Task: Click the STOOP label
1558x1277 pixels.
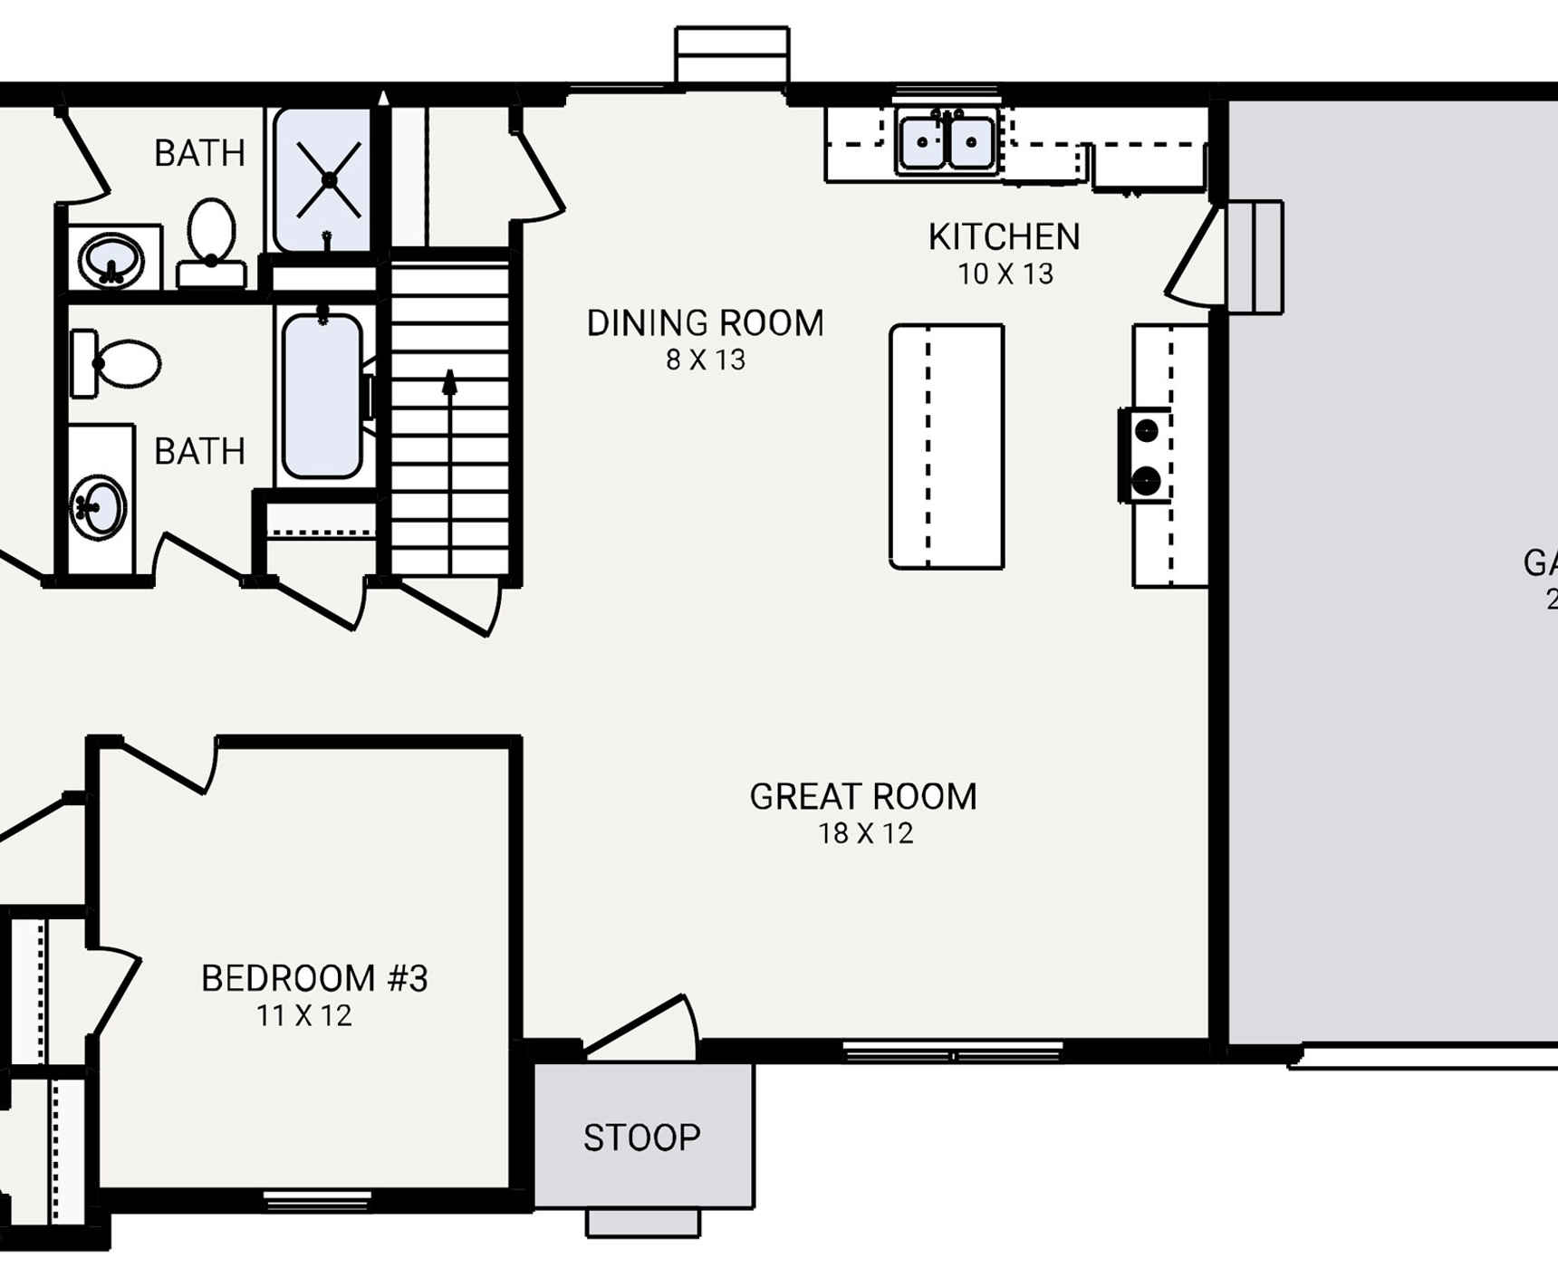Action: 641,1138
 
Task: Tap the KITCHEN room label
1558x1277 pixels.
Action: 1004,237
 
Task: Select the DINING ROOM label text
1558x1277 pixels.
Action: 705,323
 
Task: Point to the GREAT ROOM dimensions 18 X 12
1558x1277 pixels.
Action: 866,833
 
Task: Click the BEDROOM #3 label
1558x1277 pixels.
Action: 313,978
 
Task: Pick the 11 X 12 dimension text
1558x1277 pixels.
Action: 303,1015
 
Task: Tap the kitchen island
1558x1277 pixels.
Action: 947,446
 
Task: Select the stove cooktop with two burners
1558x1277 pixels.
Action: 1146,455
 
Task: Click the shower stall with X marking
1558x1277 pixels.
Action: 329,180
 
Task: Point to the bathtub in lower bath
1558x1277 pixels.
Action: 322,395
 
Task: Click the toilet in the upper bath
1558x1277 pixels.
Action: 211,237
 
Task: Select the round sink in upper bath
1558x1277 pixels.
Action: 111,260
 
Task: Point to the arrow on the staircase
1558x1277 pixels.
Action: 449,383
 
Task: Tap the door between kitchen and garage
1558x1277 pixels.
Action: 1194,257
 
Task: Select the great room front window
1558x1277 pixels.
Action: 952,1052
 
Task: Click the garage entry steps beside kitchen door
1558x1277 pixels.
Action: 1255,257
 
